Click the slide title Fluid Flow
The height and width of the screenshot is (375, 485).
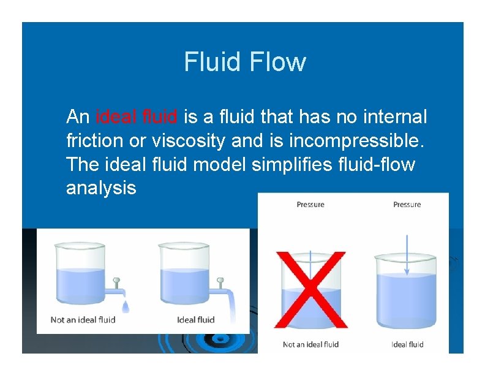tap(244, 62)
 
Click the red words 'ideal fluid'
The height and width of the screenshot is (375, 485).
tap(137, 116)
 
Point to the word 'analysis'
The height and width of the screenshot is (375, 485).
tap(101, 188)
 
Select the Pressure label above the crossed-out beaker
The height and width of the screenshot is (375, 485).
tap(310, 205)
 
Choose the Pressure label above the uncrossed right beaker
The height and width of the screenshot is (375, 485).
tap(407, 205)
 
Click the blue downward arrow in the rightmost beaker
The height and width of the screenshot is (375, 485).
tap(407, 253)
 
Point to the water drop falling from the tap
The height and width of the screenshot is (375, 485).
tap(126, 305)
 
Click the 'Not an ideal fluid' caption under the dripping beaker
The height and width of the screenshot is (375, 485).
tap(83, 319)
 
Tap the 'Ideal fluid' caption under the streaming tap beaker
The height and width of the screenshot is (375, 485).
tap(196, 319)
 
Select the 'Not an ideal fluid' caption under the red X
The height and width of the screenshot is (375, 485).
tap(310, 344)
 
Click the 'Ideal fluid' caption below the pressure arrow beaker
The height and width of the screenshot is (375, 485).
tap(407, 344)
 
